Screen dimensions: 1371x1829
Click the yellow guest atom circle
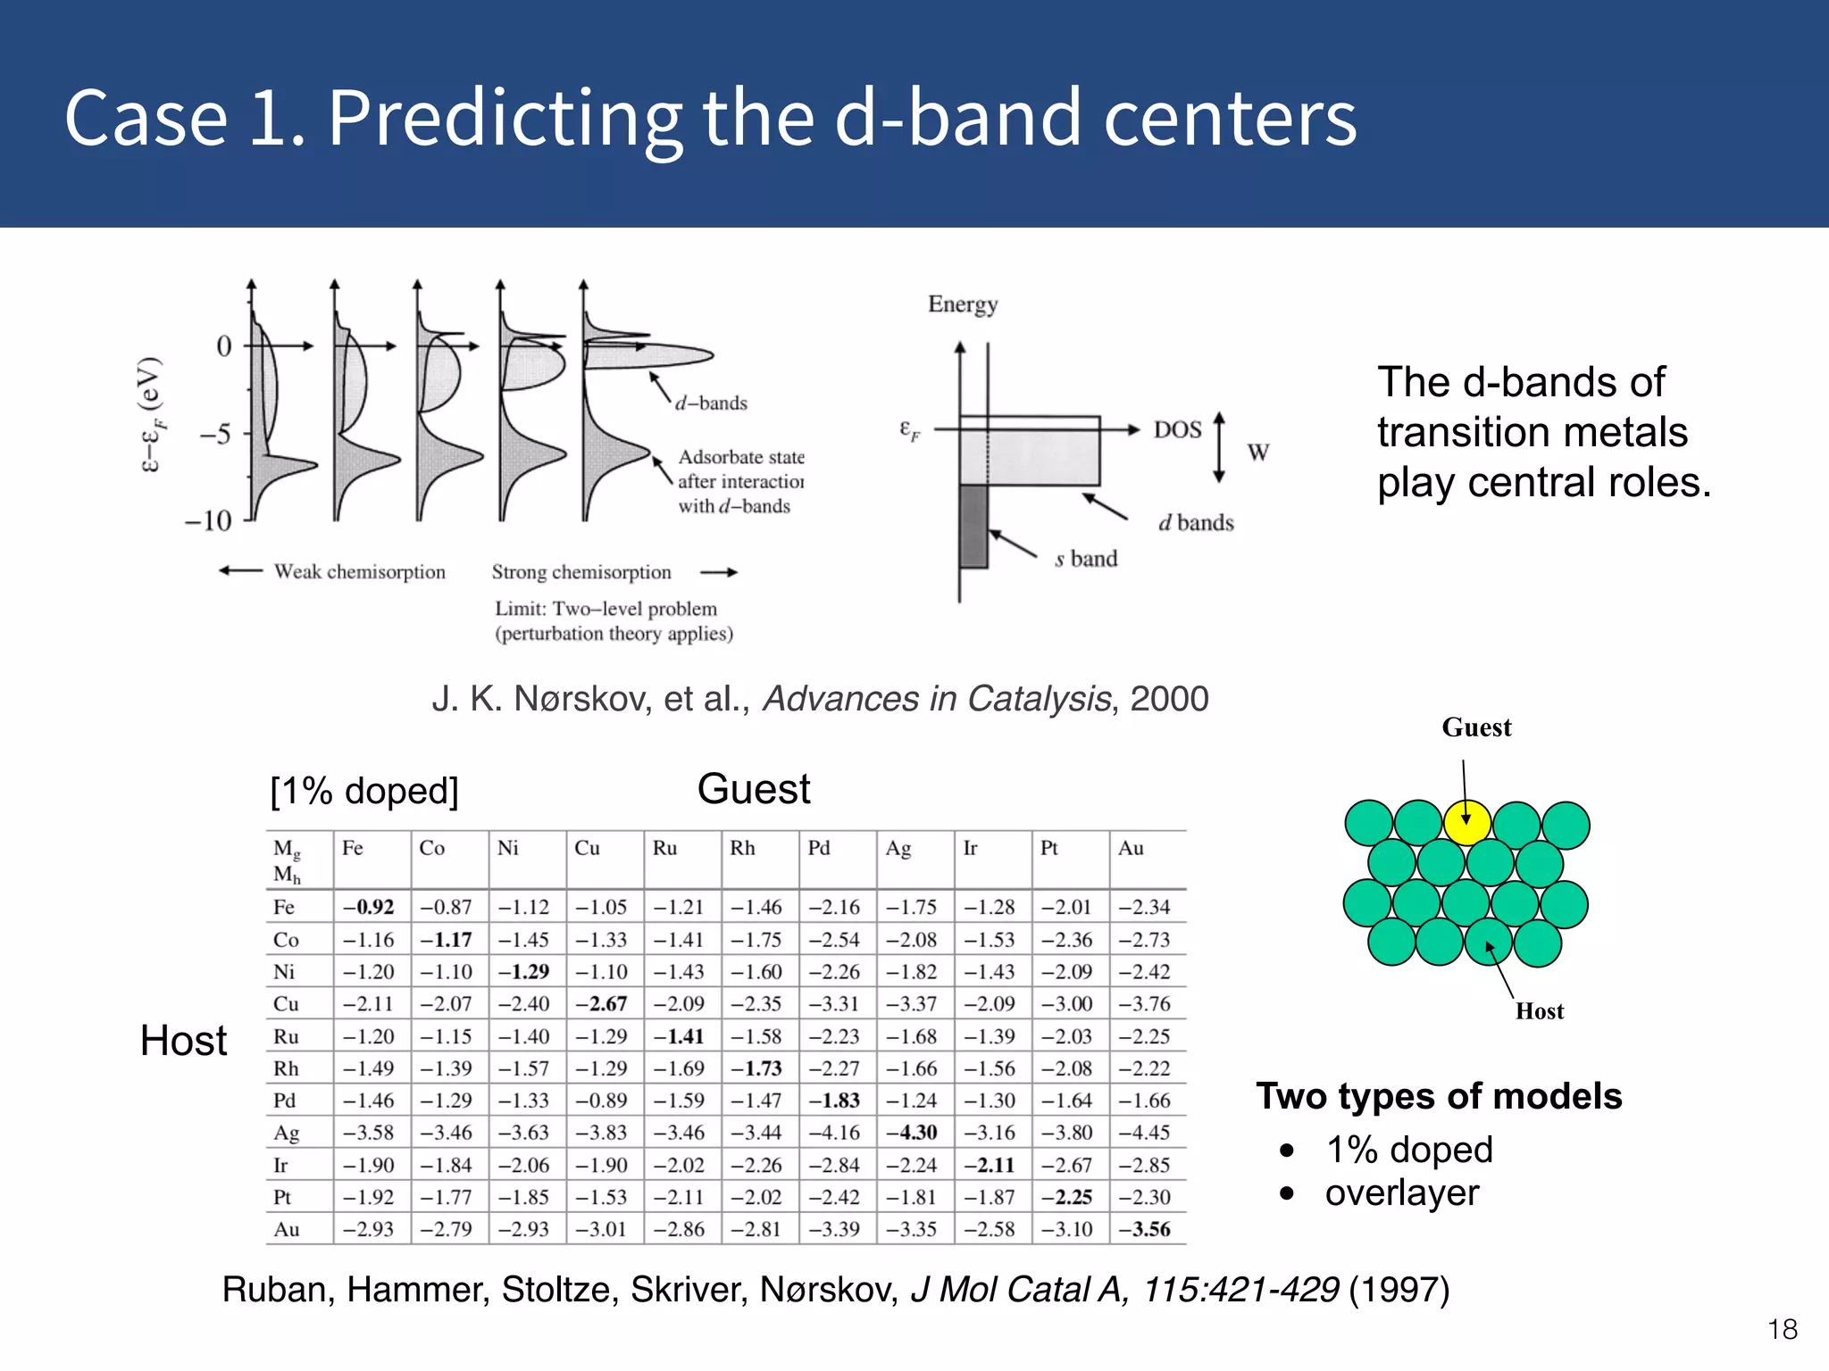point(1466,823)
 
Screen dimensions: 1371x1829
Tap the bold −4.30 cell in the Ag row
point(912,1133)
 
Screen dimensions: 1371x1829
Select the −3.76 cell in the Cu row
point(1145,1004)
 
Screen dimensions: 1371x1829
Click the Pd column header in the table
point(819,848)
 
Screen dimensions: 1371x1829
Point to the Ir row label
point(280,1166)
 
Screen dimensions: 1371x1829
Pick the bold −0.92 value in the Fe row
point(369,907)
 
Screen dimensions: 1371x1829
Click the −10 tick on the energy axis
point(208,520)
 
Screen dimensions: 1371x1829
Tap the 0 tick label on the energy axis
point(223,346)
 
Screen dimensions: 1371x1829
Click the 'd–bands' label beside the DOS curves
point(711,403)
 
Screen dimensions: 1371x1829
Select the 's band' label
point(1086,560)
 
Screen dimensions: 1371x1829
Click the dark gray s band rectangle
point(973,527)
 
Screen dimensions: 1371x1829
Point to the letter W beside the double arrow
point(1258,453)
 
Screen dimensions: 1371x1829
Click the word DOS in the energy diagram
point(1177,430)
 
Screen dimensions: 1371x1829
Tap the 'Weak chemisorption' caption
point(359,572)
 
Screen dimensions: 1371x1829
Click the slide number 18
point(1782,1330)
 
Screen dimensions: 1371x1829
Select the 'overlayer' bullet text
point(1401,1193)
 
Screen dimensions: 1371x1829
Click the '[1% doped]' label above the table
point(364,791)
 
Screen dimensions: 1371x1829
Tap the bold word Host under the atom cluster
point(1540,1011)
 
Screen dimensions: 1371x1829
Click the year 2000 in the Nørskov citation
point(1169,699)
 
